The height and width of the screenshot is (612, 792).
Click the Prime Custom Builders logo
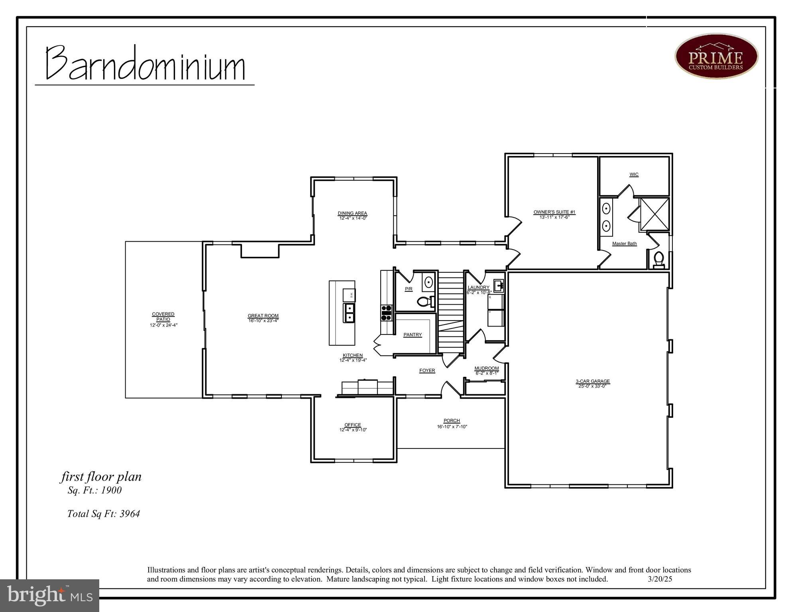(716, 56)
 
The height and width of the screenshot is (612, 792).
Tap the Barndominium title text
(145, 64)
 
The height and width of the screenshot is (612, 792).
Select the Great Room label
(263, 316)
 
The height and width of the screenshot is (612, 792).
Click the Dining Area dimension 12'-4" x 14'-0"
(353, 218)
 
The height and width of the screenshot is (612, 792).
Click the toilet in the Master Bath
(659, 260)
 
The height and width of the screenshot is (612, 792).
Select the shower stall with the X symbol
(654, 214)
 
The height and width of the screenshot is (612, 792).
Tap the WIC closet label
(634, 174)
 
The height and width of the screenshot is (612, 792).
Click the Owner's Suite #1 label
(554, 212)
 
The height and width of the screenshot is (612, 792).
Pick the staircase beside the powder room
(451, 311)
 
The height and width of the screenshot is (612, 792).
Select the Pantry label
(413, 335)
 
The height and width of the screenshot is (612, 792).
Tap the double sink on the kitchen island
(349, 313)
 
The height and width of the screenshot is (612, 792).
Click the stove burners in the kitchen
(386, 313)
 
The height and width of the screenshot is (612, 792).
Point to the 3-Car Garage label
(592, 381)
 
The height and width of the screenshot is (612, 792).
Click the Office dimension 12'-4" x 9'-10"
(353, 430)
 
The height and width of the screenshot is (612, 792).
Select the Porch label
(452, 421)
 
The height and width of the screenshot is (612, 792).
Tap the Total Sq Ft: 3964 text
(103, 514)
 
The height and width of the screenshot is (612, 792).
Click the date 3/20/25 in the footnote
(660, 579)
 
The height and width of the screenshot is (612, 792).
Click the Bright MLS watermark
(49, 595)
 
